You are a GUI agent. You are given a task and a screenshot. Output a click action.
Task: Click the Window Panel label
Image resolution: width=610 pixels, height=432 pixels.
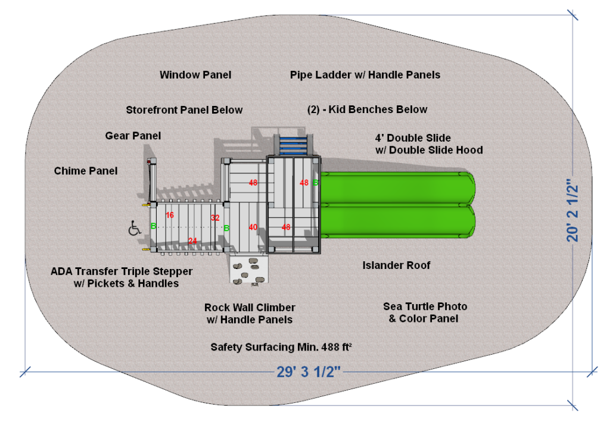click(x=195, y=75)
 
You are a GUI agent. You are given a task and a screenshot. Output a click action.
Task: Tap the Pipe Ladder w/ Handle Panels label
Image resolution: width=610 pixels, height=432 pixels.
click(x=365, y=75)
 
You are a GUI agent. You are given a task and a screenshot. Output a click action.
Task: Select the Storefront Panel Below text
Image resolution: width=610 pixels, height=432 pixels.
click(x=184, y=110)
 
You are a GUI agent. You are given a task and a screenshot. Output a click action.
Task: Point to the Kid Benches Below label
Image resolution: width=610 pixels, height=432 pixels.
click(x=367, y=109)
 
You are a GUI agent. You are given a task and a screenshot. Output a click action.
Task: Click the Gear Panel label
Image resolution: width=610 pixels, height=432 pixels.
click(x=133, y=136)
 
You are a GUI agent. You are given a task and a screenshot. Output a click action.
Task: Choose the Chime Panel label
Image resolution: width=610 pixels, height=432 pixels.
click(x=86, y=171)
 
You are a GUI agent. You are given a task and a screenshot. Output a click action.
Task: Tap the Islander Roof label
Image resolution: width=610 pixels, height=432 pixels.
click(x=396, y=265)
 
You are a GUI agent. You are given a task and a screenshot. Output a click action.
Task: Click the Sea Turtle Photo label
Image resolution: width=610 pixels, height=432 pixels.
click(x=425, y=307)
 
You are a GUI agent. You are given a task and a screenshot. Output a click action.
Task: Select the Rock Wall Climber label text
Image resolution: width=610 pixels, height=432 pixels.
click(x=250, y=308)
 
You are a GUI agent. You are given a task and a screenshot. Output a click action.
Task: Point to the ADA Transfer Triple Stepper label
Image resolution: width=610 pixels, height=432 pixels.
click(x=122, y=272)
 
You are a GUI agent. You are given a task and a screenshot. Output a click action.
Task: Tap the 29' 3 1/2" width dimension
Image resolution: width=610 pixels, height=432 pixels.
click(x=309, y=372)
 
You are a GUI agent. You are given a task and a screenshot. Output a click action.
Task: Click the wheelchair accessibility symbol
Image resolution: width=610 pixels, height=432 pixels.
click(x=135, y=228)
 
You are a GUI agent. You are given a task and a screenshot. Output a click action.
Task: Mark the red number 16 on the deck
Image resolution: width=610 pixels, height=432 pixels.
click(x=170, y=215)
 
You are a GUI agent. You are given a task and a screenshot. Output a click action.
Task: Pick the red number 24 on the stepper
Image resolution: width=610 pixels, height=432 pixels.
click(x=192, y=241)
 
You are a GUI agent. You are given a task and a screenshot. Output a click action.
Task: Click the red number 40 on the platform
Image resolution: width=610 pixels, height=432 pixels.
click(x=253, y=227)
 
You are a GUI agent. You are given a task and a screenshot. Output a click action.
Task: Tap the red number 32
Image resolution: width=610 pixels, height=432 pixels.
click(x=215, y=218)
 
